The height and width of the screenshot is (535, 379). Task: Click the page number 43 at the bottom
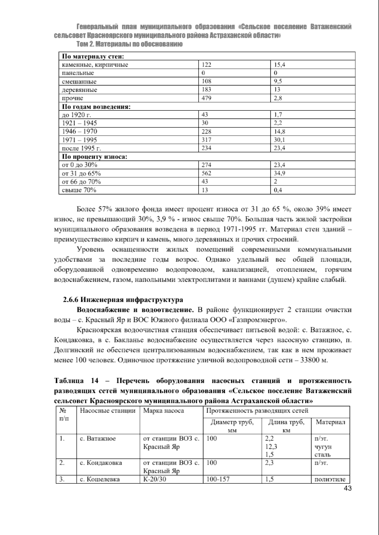pyautogui.click(x=347, y=489)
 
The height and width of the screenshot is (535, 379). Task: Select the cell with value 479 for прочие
pyautogui.click(x=207, y=98)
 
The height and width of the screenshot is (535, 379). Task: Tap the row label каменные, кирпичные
pyautogui.click(x=95, y=65)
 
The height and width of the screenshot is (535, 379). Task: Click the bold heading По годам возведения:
pyautogui.click(x=96, y=107)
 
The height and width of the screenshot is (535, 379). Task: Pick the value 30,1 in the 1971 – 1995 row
pyautogui.click(x=279, y=140)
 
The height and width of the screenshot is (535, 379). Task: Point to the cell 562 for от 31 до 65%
pyautogui.click(x=207, y=173)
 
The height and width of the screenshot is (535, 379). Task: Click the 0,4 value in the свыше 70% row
pyautogui.click(x=278, y=190)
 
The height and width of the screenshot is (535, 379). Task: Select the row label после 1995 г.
pyautogui.click(x=81, y=148)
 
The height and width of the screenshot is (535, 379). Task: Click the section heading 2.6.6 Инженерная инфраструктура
pyautogui.click(x=123, y=299)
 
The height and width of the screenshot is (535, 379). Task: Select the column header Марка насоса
pyautogui.click(x=164, y=411)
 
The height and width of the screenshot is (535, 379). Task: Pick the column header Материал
pyautogui.click(x=330, y=422)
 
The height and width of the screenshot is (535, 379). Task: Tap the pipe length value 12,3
pyautogui.click(x=271, y=447)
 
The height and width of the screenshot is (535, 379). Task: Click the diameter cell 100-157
pyautogui.click(x=218, y=479)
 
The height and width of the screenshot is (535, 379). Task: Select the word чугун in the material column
pyautogui.click(x=323, y=447)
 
